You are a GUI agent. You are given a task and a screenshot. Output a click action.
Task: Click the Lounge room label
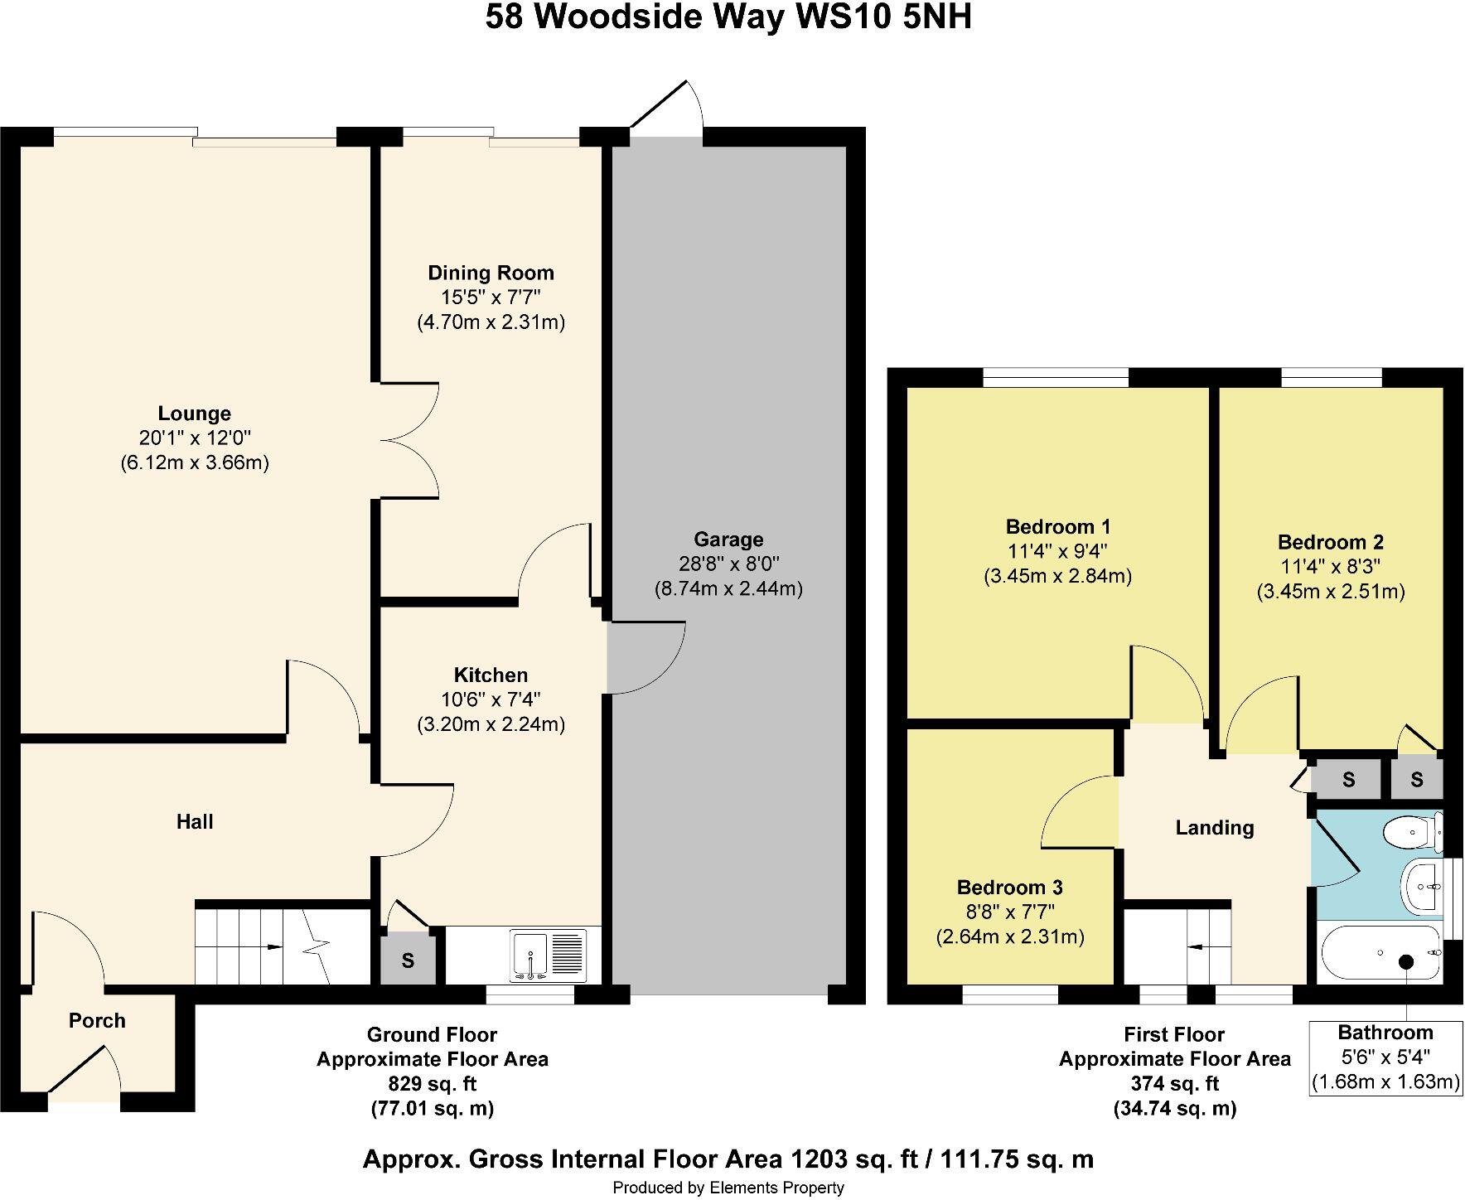(195, 413)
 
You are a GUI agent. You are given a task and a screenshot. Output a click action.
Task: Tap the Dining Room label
(491, 273)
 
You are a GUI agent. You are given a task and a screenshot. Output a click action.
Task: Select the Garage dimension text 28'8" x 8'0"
(728, 564)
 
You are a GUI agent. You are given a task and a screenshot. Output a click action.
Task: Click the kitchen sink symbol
(549, 955)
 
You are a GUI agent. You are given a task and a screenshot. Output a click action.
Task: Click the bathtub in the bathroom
(1380, 955)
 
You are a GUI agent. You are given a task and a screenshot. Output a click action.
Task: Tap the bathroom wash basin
(1424, 885)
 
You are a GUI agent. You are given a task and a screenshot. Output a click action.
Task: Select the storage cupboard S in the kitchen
(408, 960)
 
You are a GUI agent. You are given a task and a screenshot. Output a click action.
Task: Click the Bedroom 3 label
(1009, 888)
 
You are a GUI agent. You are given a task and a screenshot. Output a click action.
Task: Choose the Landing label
(1215, 827)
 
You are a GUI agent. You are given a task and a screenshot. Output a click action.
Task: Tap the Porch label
(97, 1020)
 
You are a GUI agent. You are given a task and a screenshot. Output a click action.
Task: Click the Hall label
(195, 821)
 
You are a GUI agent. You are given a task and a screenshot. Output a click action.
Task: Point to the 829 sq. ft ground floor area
(432, 1083)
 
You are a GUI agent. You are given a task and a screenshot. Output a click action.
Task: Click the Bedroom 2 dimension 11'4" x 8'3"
(1330, 567)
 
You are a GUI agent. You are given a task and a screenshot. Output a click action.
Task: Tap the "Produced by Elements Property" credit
(728, 1188)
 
